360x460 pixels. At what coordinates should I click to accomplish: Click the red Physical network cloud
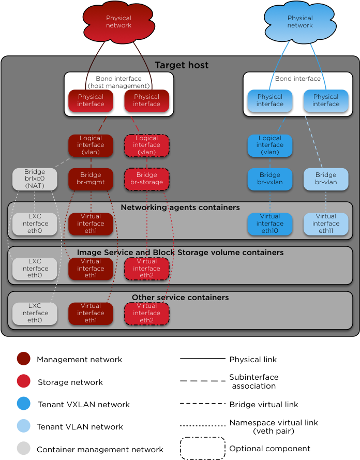point(118,22)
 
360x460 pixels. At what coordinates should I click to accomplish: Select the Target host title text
point(182,65)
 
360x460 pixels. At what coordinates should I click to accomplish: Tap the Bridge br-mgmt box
point(91,179)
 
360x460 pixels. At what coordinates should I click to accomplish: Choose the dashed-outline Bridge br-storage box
point(146,179)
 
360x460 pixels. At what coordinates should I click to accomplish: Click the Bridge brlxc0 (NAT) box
point(35,179)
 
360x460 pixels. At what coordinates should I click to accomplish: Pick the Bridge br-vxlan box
point(269,179)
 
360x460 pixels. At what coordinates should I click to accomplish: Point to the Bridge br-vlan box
point(325,179)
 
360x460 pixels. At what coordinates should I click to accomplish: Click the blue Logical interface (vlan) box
point(269,145)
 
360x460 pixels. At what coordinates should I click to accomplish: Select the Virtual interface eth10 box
point(269,224)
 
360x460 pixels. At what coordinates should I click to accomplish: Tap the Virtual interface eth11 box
point(325,224)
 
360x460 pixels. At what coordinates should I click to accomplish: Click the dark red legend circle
point(23,359)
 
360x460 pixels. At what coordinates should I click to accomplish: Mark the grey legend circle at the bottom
point(23,448)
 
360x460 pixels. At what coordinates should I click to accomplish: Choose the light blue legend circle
point(23,426)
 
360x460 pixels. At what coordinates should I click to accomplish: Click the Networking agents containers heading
point(180,207)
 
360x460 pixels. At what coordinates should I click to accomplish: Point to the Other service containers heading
point(180,298)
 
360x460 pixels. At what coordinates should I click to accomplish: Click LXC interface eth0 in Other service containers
point(35,313)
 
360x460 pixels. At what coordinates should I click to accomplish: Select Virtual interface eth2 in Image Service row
point(146,269)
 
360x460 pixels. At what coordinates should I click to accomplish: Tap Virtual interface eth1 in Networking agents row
point(91,224)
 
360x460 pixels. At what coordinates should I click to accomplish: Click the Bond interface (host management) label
point(118,82)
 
